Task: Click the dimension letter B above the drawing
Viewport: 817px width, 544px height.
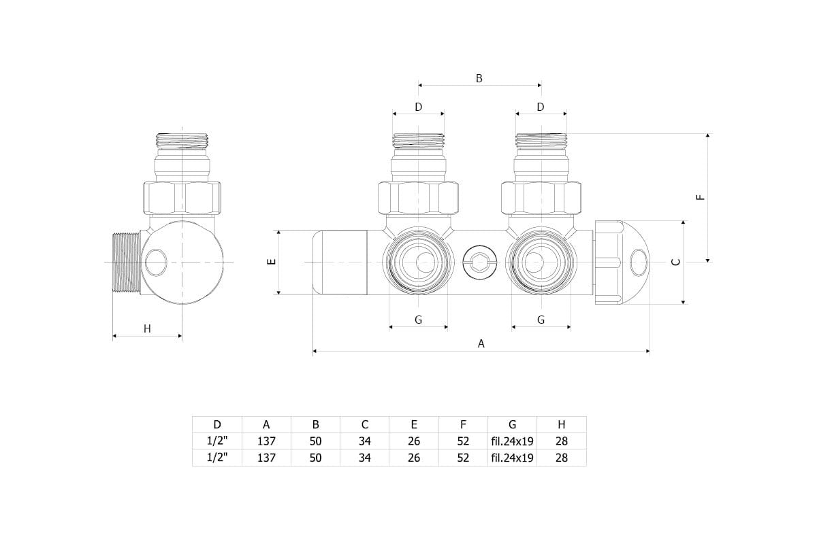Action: pos(479,78)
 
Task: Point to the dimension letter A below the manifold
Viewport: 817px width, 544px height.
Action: pos(481,344)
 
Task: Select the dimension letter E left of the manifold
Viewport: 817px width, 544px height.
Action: pos(270,262)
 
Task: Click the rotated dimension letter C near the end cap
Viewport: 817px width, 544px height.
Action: pos(675,262)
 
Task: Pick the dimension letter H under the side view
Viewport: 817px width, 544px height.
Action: pos(147,329)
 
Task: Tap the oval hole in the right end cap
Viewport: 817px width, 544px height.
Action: pos(639,262)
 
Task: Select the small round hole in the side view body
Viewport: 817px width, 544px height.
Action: pos(155,262)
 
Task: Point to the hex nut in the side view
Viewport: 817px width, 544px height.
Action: pos(182,197)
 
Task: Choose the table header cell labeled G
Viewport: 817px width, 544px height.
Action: pos(512,424)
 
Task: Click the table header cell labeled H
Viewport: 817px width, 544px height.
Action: pos(561,424)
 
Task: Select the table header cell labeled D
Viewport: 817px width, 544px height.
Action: pos(217,424)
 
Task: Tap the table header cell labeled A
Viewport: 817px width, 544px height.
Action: pos(266,424)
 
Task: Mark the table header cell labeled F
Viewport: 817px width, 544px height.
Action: pos(463,424)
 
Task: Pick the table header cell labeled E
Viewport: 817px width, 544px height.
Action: pos(414,424)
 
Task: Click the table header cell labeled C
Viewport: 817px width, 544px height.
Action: pos(365,424)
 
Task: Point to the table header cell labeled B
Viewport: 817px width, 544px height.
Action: pos(315,424)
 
